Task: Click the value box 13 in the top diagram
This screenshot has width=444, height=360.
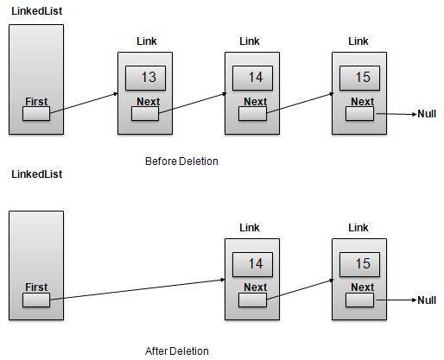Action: tap(146, 78)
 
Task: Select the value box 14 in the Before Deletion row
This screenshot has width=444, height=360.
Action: tap(253, 78)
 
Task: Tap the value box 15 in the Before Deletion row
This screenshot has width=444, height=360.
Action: tap(360, 78)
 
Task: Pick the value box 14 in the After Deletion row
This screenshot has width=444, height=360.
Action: tap(253, 264)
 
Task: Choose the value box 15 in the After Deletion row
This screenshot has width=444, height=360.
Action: tap(360, 264)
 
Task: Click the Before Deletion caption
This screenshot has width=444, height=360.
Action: tap(181, 161)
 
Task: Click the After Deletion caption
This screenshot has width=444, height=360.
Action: tap(176, 351)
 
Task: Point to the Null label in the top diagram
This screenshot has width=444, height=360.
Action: tap(427, 114)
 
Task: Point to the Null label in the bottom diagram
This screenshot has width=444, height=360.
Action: tap(427, 300)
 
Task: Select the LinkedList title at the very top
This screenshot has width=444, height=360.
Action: tap(36, 10)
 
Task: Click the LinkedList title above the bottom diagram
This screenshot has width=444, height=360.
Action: tap(36, 174)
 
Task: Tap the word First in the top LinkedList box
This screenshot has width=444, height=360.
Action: tap(35, 101)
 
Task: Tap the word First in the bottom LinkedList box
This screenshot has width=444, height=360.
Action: tap(35, 287)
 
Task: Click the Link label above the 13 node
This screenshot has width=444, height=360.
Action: tap(147, 41)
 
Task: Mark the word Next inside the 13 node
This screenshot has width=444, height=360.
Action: tap(146, 101)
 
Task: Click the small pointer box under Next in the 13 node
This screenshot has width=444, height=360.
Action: tap(145, 114)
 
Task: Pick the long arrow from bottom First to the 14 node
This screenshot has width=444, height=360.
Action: tap(138, 290)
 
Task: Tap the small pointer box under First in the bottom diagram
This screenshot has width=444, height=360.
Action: tap(35, 300)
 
